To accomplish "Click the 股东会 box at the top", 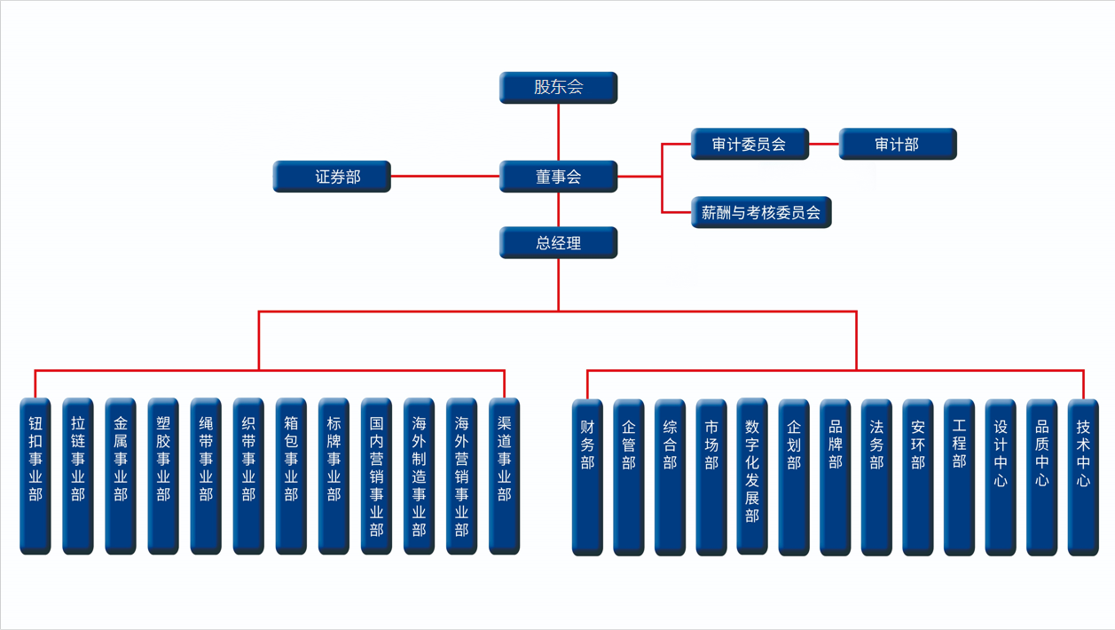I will (558, 87).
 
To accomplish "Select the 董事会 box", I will (558, 177).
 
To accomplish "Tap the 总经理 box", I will (558, 242).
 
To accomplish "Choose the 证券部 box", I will (332, 177).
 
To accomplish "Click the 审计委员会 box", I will (750, 144).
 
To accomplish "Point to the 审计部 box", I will (897, 144).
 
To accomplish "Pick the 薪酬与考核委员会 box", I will (760, 212).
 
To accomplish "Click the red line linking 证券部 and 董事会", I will (444, 177).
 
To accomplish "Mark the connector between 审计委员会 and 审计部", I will (824, 144).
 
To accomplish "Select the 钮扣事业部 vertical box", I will (35, 476).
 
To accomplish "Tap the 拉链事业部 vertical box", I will (78, 476).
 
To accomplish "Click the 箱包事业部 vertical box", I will (291, 476).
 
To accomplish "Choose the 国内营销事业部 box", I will (376, 476).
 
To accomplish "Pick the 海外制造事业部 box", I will (419, 476).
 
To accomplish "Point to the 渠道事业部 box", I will (504, 476).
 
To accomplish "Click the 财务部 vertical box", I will (587, 476).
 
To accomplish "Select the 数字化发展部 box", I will (752, 476).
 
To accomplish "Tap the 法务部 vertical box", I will (876, 476).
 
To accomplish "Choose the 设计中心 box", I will (1001, 476).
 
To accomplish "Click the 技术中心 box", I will (1083, 476).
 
